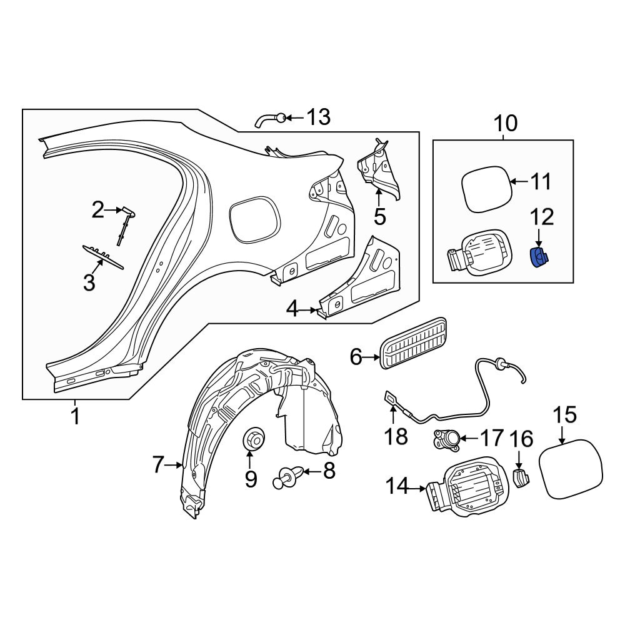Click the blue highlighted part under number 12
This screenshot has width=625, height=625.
(x=538, y=257)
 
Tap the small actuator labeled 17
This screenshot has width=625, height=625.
(x=446, y=441)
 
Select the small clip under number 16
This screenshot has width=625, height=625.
(x=520, y=477)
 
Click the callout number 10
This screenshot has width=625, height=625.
(x=506, y=124)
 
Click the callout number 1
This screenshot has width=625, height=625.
(x=75, y=416)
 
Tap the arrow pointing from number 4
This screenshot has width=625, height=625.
(x=312, y=309)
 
